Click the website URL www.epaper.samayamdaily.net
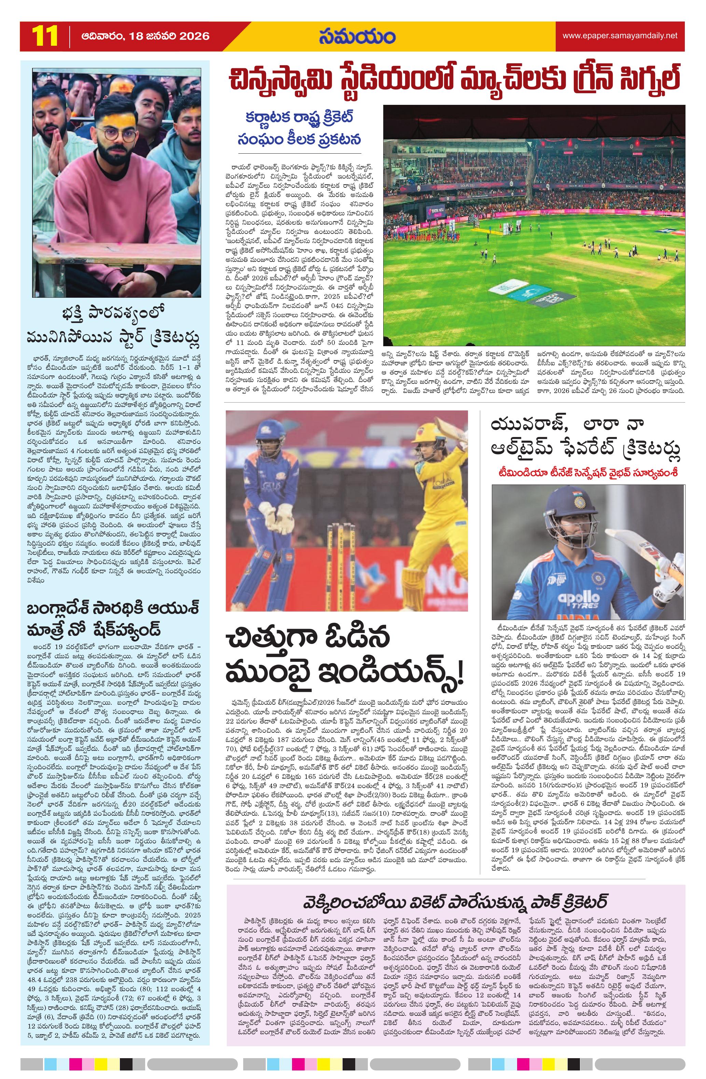coord(620,36)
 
